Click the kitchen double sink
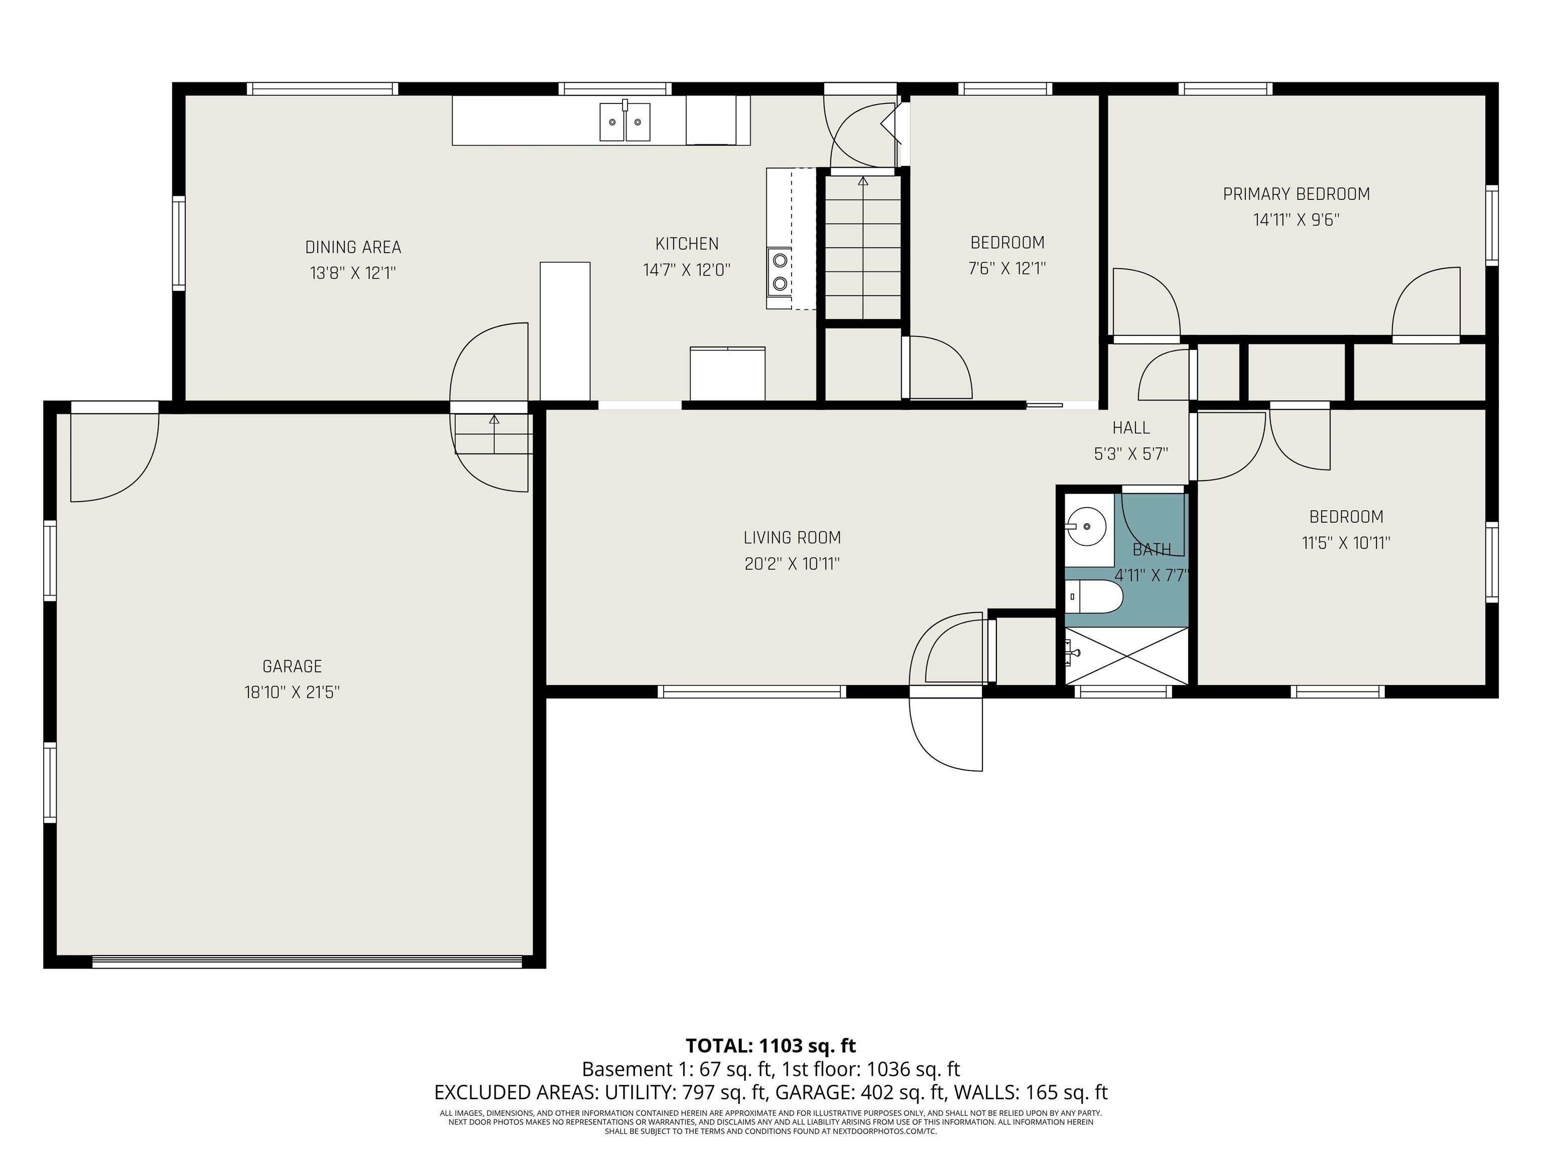tap(625, 122)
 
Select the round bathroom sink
tap(1086, 526)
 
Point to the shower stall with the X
tap(1126, 655)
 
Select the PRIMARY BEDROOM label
tap(1296, 194)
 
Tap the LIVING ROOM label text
tap(792, 538)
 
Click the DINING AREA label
tap(353, 247)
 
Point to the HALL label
tap(1131, 427)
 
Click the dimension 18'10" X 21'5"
tap(292, 692)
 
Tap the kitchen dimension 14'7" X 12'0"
tap(687, 270)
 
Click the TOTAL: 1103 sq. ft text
tap(770, 1046)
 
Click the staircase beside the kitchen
tap(863, 247)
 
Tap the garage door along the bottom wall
tap(307, 962)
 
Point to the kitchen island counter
tap(565, 331)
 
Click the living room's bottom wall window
tap(751, 692)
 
